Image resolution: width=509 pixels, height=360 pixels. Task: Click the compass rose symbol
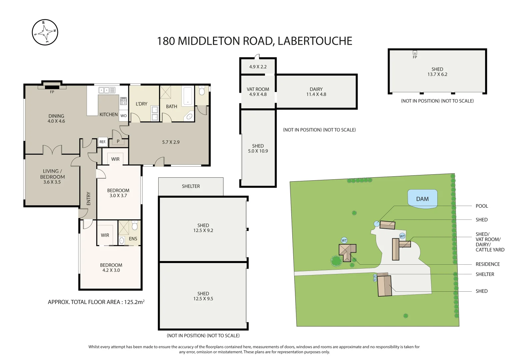(45, 32)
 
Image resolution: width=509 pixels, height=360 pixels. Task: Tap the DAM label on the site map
(422, 199)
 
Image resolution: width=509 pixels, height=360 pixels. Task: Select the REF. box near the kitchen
(103, 142)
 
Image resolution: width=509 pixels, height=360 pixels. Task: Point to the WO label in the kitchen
(124, 116)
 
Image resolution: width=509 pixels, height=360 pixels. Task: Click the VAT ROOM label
(258, 89)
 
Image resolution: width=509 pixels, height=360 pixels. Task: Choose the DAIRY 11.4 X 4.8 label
(316, 92)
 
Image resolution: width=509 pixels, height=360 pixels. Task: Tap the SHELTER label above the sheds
(191, 186)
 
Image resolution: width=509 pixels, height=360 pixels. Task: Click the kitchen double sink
(107, 90)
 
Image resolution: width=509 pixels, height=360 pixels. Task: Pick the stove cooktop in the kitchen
(123, 101)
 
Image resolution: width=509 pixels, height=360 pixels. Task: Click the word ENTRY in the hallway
(88, 199)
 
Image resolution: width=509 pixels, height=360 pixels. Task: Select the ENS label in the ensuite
(133, 239)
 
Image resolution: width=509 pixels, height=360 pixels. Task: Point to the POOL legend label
(482, 206)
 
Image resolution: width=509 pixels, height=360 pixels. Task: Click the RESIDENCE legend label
(488, 264)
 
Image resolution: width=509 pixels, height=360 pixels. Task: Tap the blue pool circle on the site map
(377, 224)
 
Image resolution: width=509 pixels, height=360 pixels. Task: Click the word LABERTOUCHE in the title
(315, 41)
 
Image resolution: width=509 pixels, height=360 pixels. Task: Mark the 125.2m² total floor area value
(134, 302)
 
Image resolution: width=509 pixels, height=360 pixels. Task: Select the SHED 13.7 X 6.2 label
(437, 72)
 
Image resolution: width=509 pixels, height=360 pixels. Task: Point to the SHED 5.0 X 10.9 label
(258, 148)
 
